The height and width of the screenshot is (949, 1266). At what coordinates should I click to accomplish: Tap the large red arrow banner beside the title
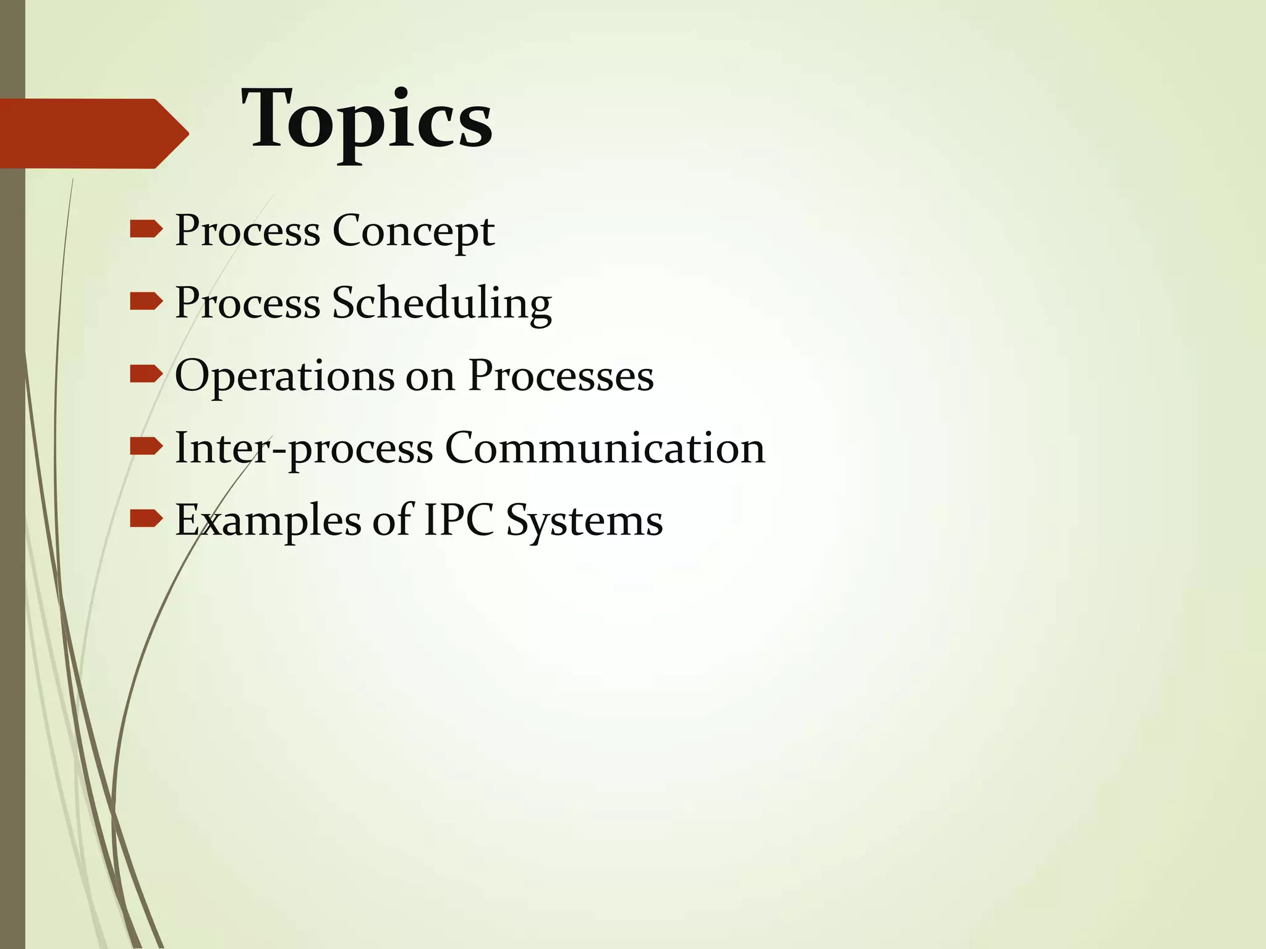(93, 133)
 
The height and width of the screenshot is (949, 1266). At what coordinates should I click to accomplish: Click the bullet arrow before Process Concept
(146, 230)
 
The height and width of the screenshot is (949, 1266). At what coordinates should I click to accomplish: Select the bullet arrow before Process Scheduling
(146, 302)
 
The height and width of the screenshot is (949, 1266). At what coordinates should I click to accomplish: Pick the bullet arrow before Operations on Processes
(146, 374)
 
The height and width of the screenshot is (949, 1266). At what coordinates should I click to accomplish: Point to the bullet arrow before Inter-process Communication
(146, 447)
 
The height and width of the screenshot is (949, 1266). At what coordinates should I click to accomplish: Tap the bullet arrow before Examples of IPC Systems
(146, 519)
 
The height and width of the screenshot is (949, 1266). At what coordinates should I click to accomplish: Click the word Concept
(414, 232)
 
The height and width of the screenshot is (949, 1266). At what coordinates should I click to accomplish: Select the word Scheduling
(441, 304)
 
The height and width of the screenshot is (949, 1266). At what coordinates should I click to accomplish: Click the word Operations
(284, 376)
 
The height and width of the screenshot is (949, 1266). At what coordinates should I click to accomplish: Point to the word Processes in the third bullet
(561, 375)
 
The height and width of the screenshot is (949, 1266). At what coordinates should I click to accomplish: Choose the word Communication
(605, 447)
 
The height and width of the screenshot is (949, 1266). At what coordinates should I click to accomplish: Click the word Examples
(268, 521)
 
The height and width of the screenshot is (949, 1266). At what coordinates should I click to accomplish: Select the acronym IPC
(458, 520)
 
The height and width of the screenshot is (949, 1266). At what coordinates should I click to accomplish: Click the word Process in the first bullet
(247, 232)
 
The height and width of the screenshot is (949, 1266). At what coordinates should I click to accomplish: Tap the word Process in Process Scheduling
(247, 304)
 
